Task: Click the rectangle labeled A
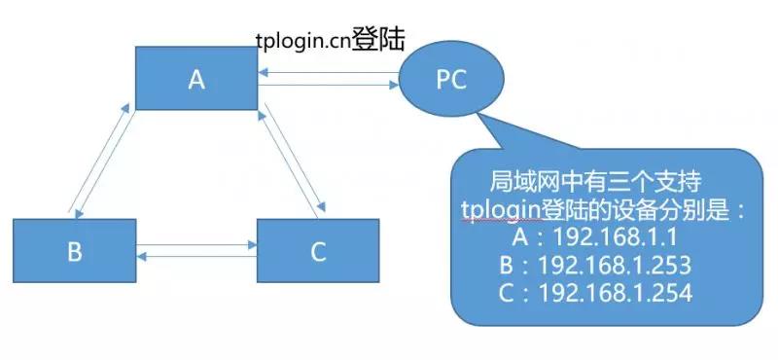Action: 196,79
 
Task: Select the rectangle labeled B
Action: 75,251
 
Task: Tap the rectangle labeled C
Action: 317,251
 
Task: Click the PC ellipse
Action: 450,80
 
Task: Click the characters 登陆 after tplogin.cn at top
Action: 376,39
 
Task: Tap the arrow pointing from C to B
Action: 196,257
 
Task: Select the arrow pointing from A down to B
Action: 107,162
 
